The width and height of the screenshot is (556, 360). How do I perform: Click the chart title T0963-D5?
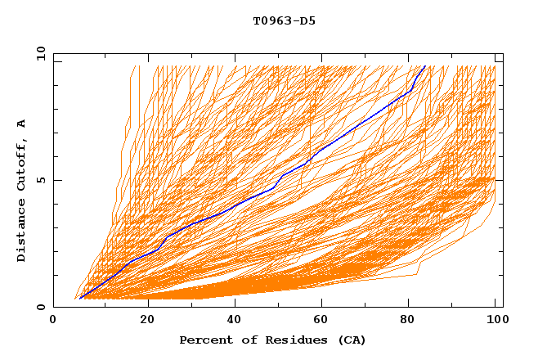(x=284, y=20)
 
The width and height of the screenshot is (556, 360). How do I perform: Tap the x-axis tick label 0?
(x=53, y=320)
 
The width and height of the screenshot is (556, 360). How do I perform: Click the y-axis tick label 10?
(x=40, y=53)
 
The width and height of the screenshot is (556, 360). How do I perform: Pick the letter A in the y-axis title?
(x=21, y=124)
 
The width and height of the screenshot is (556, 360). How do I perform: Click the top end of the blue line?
(x=424, y=65)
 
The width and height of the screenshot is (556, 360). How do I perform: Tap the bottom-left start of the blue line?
(x=80, y=298)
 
